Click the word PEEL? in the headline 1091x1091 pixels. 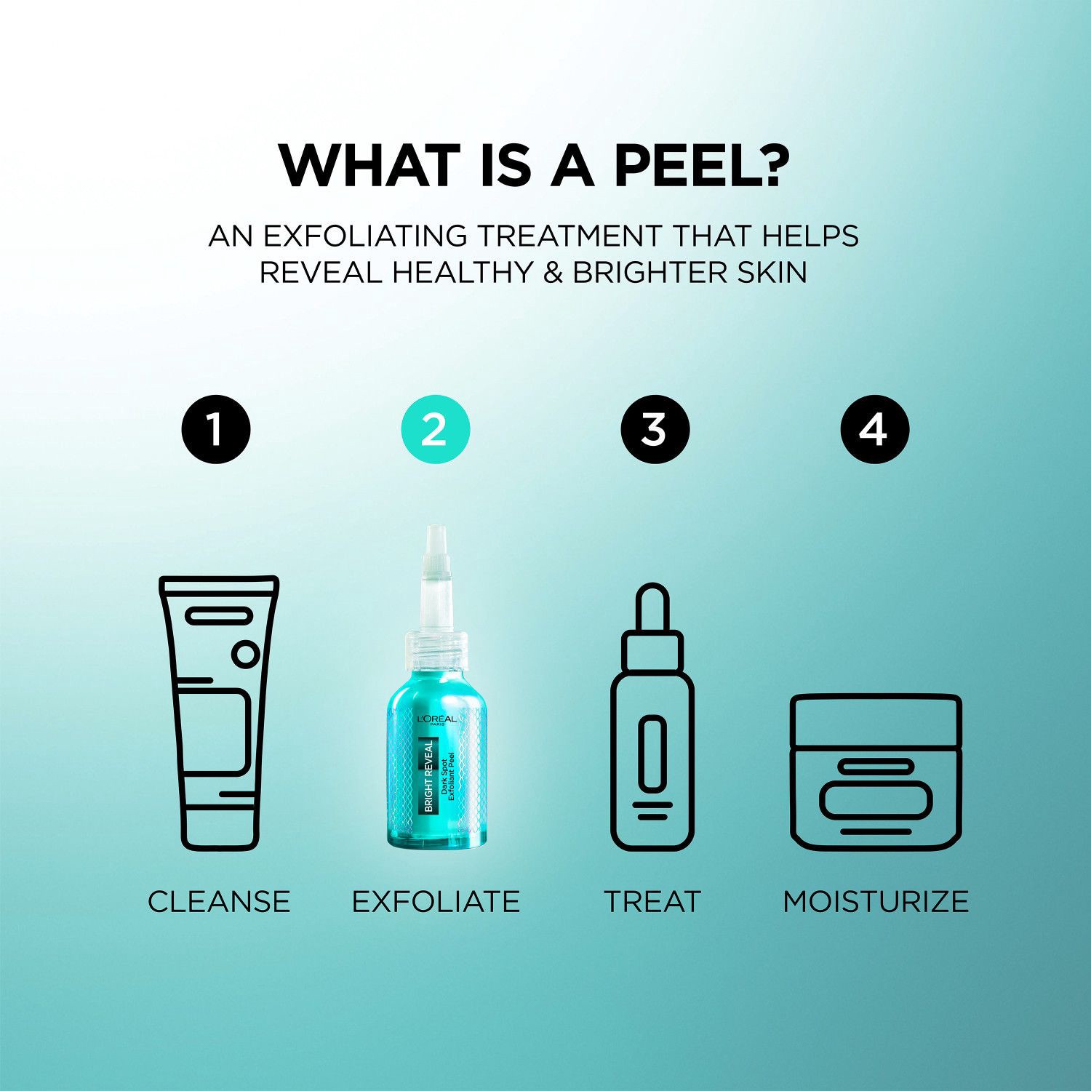701,166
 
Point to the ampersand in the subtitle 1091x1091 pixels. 554,273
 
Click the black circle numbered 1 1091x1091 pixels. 216,429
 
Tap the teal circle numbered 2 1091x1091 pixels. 436,429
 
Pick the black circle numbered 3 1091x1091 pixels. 655,429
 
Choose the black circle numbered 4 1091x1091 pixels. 874,429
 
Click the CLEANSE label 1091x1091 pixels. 219,902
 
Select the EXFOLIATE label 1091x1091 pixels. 436,902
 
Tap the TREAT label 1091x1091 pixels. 652,902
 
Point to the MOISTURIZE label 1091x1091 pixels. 876,902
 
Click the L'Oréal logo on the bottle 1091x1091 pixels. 436,719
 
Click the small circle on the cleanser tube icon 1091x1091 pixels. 245,655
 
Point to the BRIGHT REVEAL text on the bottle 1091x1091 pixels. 429,775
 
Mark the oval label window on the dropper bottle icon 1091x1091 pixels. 652,753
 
